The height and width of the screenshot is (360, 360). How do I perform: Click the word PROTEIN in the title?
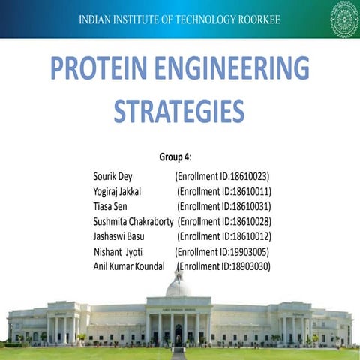click(105, 70)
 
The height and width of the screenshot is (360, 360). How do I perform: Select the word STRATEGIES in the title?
click(179, 112)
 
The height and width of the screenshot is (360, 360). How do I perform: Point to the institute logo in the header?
click(344, 18)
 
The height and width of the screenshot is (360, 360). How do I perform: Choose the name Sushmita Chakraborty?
click(133, 222)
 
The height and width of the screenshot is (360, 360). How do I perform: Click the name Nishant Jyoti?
click(118, 252)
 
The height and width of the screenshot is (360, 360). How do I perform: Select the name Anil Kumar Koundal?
click(129, 266)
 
